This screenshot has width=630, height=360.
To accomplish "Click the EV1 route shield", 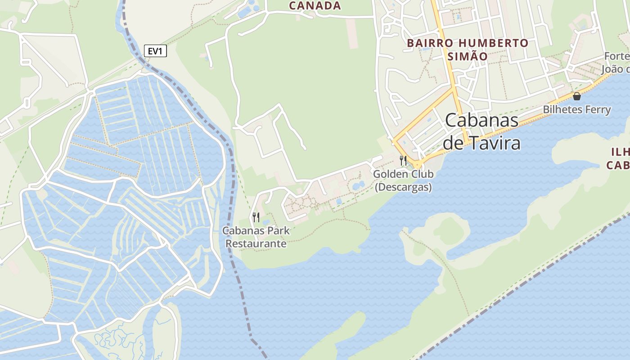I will pyautogui.click(x=155, y=51).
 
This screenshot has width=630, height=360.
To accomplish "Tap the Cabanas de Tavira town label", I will pyautogui.click(x=481, y=131).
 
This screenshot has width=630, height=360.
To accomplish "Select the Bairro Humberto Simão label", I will pyautogui.click(x=468, y=49).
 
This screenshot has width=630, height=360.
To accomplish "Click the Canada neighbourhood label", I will pyautogui.click(x=315, y=6).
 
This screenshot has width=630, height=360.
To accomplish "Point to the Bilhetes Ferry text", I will pyautogui.click(x=576, y=109).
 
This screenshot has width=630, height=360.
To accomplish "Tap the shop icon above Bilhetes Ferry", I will pyautogui.click(x=576, y=96).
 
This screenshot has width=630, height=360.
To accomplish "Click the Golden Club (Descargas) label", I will pyautogui.click(x=403, y=180).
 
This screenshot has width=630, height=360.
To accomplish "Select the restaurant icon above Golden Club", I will pyautogui.click(x=403, y=160).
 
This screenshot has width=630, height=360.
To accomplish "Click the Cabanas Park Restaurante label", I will pyautogui.click(x=256, y=237).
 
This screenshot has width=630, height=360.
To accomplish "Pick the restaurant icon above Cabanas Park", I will pyautogui.click(x=256, y=217).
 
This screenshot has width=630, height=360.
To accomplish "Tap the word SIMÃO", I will pyautogui.click(x=468, y=56).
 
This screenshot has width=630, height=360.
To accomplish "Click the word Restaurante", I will pyautogui.click(x=256, y=243).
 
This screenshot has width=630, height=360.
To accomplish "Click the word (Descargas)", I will pyautogui.click(x=403, y=187).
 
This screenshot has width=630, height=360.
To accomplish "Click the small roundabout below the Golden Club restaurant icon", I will pyautogui.click(x=418, y=165).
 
